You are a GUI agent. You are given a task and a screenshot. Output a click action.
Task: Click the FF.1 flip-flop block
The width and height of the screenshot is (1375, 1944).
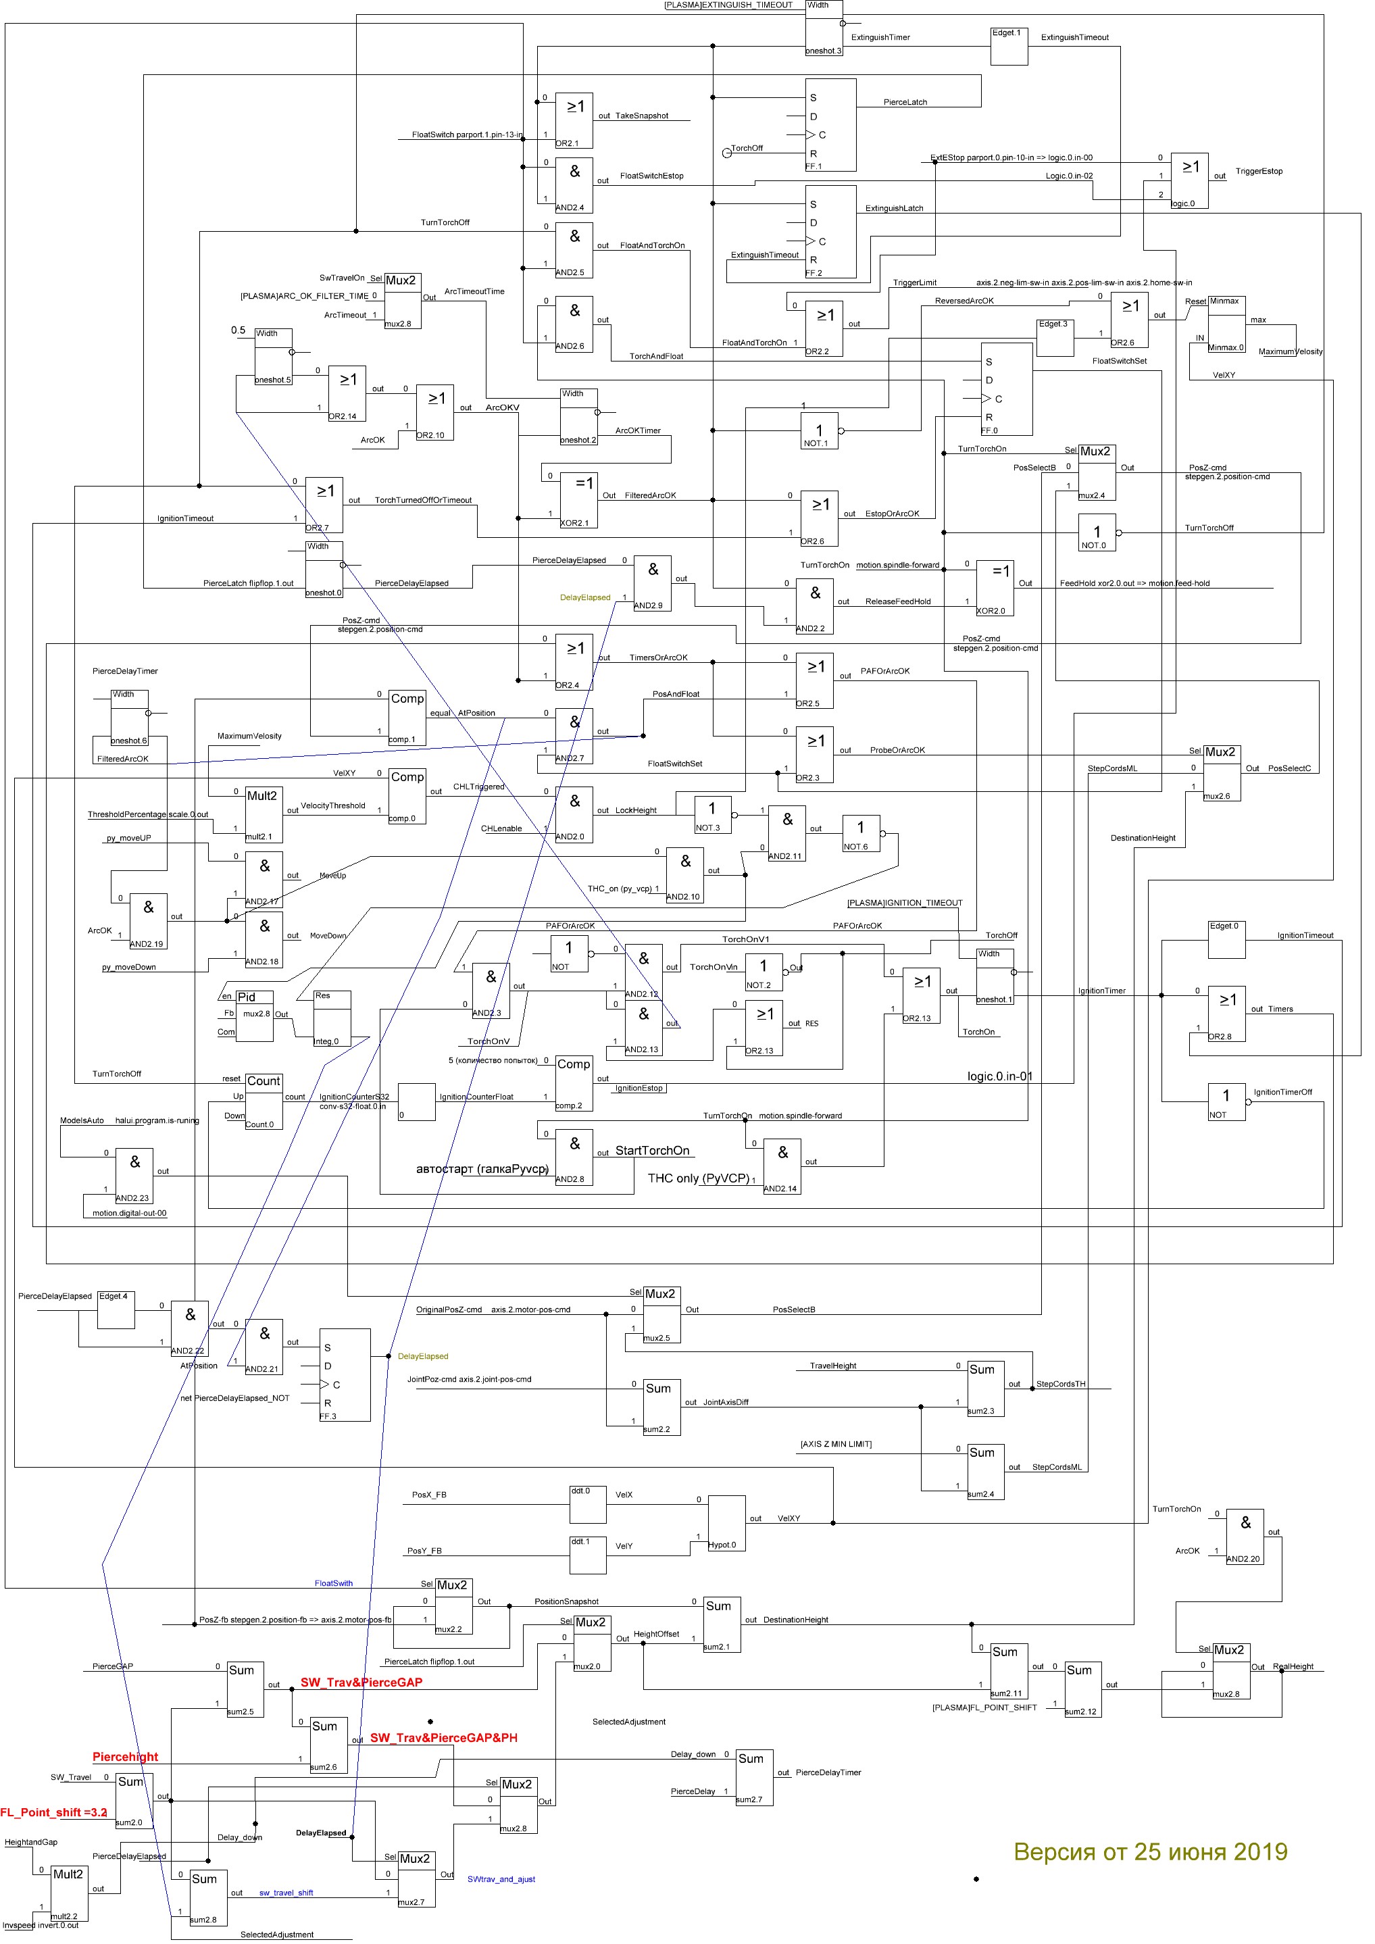tap(830, 125)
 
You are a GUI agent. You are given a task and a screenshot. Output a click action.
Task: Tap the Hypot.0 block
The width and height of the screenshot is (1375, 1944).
tap(726, 1523)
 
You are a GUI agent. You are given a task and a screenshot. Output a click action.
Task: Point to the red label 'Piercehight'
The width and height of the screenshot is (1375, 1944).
tap(125, 1757)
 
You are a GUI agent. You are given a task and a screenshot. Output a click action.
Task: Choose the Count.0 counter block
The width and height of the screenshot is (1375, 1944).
tap(264, 1101)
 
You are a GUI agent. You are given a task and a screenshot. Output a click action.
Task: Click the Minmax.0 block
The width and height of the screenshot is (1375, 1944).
tap(1225, 324)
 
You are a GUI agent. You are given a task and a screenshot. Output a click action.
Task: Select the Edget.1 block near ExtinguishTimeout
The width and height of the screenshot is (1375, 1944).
tap(1008, 47)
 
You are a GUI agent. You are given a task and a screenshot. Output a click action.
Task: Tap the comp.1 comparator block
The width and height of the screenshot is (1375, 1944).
tap(406, 717)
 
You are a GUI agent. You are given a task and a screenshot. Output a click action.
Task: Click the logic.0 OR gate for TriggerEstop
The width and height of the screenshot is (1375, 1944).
tap(1189, 180)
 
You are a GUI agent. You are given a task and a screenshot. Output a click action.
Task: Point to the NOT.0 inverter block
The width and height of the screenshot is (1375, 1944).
tap(1097, 532)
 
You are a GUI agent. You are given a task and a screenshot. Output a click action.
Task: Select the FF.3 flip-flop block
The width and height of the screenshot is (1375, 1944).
tap(345, 1375)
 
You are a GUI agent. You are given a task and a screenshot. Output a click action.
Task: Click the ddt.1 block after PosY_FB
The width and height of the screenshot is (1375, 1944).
tap(588, 1555)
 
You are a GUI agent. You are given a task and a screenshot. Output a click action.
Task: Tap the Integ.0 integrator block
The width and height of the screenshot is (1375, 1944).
tap(331, 1018)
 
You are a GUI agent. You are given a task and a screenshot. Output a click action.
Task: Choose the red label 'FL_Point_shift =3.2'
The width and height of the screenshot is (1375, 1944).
tap(53, 1813)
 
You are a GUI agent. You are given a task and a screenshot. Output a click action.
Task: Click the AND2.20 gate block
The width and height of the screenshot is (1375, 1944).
tap(1245, 1536)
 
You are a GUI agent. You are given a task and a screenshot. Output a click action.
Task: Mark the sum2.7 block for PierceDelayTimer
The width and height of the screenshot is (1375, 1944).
tap(753, 1777)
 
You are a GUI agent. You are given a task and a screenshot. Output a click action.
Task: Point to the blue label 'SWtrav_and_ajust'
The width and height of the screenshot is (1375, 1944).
tap(501, 1880)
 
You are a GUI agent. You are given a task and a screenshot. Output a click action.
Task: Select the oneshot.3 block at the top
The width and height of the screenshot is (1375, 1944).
tap(824, 28)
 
